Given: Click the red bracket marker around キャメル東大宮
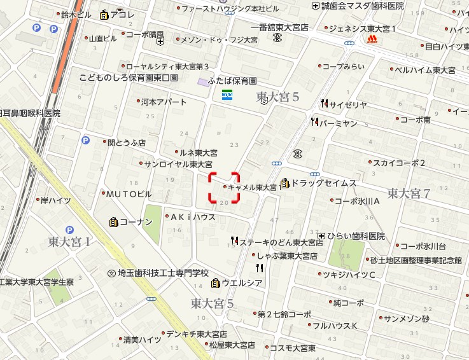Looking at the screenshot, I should [x=225, y=187].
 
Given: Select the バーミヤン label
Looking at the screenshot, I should [x=338, y=123].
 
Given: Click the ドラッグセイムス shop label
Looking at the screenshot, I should [x=323, y=183].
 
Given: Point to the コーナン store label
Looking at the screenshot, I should [x=136, y=222].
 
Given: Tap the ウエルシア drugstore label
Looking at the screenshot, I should [x=241, y=282].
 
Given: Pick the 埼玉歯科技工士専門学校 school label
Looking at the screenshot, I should [x=163, y=273].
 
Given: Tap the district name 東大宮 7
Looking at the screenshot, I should [x=409, y=193].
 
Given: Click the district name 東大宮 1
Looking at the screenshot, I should [x=69, y=242].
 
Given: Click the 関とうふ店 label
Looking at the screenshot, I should [x=126, y=143].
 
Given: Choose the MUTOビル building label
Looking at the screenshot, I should [x=129, y=194].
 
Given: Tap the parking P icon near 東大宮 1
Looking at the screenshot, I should [x=69, y=230].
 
